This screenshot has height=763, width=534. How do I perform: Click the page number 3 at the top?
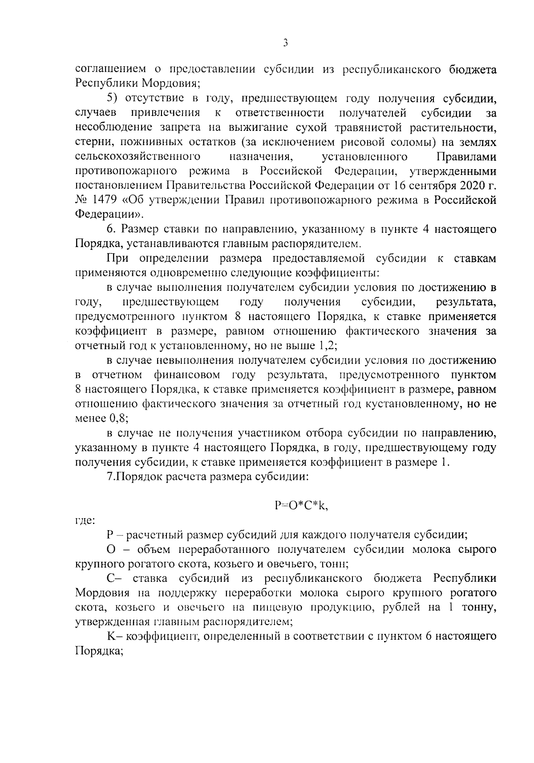[285, 43]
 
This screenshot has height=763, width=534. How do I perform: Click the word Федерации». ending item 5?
[109, 214]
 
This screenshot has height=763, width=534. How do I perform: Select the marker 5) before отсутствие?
[113, 98]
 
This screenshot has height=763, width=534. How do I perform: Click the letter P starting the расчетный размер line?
[110, 534]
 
